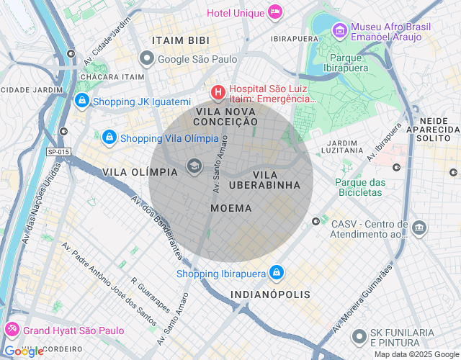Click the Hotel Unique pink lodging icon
(x=274, y=12)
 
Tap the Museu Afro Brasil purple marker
(x=340, y=31)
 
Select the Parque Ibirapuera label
(x=349, y=62)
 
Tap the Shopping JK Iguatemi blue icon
(x=81, y=101)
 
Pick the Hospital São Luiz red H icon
(x=217, y=93)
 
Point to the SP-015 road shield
(x=58, y=152)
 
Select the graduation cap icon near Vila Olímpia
(x=193, y=167)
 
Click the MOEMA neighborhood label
(x=231, y=208)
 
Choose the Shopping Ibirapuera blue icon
(x=276, y=272)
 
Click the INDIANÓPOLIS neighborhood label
(x=270, y=294)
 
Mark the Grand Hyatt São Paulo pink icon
(x=12, y=330)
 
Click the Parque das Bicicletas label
(x=360, y=187)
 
